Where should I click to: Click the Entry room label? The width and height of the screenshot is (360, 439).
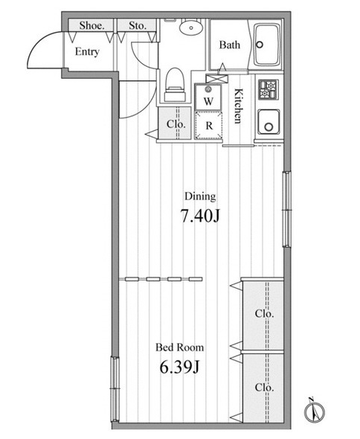87,52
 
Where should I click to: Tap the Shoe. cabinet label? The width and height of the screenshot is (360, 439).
91,26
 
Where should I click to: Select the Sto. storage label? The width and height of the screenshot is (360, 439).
138,26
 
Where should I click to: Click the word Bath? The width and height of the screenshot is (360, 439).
230,45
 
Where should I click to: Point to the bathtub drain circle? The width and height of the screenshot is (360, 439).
260,45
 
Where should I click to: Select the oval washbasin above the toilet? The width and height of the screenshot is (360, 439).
191,28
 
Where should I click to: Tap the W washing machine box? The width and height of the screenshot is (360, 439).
208,97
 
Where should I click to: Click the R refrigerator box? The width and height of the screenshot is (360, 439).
208,125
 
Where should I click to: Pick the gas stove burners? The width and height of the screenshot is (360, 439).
269,89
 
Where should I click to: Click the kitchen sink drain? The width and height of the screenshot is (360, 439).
269,126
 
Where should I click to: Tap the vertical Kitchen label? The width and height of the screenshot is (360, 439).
238,106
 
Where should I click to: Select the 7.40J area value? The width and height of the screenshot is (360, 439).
200,216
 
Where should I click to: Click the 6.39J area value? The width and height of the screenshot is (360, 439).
180,367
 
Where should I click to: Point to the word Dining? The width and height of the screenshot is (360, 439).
200,196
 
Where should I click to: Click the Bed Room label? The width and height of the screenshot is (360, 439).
180,347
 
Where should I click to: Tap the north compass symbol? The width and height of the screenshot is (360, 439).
315,411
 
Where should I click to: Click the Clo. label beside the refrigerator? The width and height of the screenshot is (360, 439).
176,124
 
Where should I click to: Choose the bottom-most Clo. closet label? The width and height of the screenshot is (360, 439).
264,388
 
